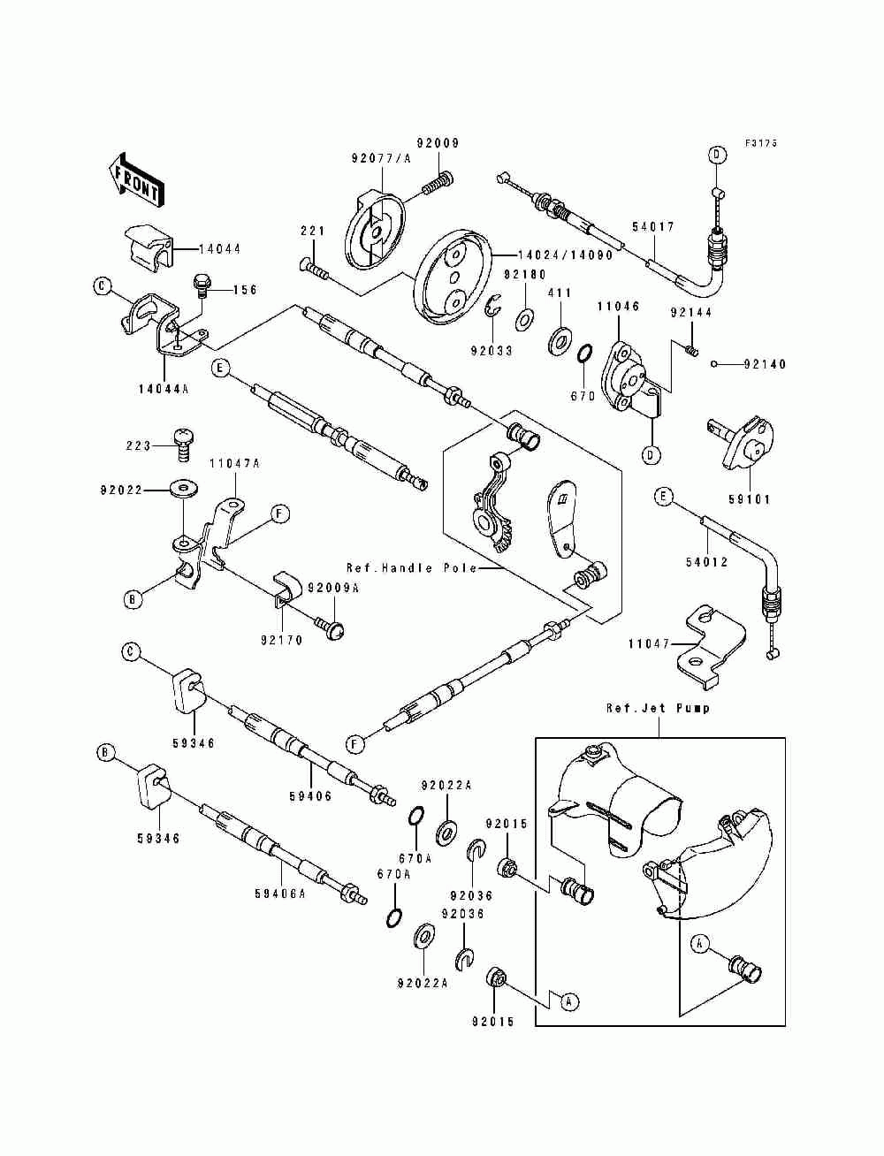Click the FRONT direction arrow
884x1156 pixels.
135,180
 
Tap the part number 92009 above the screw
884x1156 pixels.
438,143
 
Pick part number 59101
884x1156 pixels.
750,499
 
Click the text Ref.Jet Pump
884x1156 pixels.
658,708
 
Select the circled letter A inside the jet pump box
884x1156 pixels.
700,945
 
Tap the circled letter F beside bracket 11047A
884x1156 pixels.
279,513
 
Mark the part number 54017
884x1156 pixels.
653,227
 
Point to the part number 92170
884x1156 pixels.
281,640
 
